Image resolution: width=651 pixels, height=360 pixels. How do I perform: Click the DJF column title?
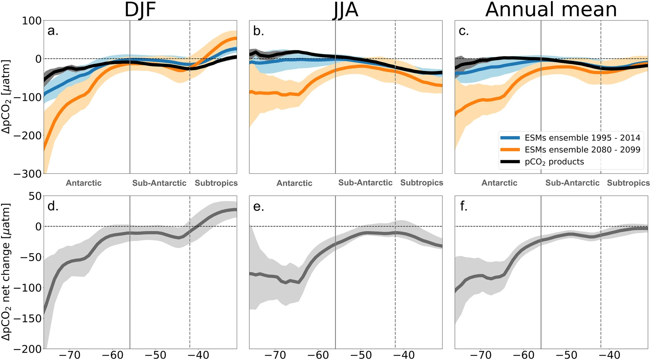tap(140, 10)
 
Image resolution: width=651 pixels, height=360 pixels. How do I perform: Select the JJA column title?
tap(346, 10)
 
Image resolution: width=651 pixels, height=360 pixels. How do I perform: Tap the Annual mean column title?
tap(551, 10)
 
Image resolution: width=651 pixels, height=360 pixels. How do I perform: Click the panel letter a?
tap(53, 31)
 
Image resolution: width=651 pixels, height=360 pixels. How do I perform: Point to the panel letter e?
tap(259, 206)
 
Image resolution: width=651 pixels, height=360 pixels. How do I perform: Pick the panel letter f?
tap(464, 206)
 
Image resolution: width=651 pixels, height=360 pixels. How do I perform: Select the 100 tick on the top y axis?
tap(32, 21)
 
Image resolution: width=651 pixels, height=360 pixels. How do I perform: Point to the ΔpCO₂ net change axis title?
tap(6, 271)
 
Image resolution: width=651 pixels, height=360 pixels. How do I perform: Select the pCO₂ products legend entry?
tap(554, 162)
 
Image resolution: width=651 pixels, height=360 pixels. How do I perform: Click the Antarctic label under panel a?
tap(84, 183)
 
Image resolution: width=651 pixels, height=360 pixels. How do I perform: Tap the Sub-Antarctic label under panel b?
tap(365, 183)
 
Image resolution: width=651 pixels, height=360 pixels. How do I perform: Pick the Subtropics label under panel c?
tap(628, 183)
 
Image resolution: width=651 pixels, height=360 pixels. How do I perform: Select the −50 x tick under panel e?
tap(361, 355)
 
